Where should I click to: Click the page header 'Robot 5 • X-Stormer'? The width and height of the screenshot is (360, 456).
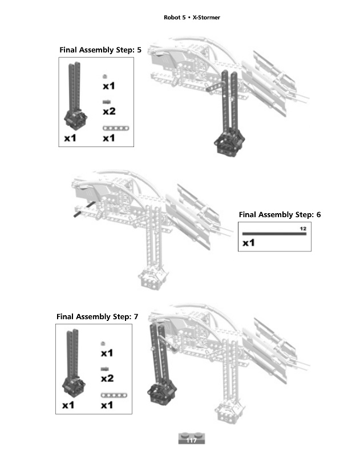pos(192,18)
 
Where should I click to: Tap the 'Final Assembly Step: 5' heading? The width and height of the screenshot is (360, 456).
pos(100,50)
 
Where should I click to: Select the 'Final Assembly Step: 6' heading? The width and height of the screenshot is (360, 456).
pos(280,215)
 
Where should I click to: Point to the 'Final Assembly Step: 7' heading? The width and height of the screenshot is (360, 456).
pos(97,316)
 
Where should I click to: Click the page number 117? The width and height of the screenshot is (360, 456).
pos(192,439)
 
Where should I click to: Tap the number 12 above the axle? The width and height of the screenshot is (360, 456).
pos(303,229)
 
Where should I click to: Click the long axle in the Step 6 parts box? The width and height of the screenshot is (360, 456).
pos(274,234)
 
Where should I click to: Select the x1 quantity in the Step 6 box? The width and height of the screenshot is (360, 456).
pos(249,243)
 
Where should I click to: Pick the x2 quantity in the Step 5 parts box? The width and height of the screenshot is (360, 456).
pos(109,111)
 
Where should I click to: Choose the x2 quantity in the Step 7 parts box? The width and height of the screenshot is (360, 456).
pos(107,378)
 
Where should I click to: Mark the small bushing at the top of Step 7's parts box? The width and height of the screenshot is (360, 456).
pos(103,343)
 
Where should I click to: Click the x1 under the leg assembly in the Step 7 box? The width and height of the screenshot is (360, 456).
pos(68,405)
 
